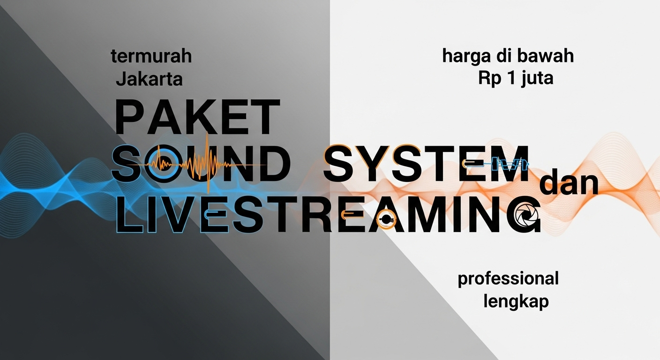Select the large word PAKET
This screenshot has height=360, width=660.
(197, 117)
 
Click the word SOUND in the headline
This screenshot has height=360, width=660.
(200, 164)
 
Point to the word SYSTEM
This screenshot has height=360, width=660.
(427, 164)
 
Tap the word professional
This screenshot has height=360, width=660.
(508, 279)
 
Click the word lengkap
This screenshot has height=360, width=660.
(516, 302)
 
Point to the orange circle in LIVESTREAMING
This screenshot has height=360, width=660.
(386, 219)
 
